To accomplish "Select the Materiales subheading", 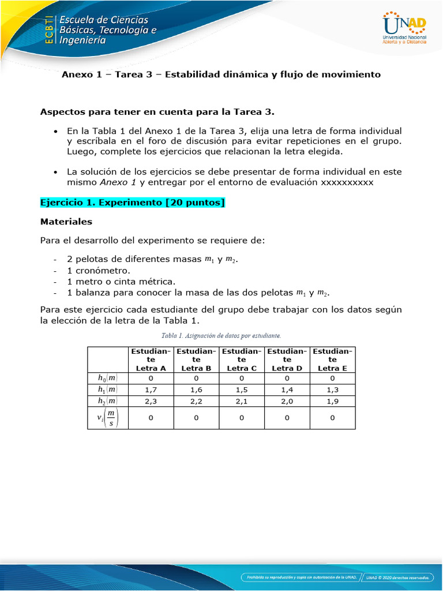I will click(66, 221).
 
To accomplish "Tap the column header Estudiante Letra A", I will click(151, 359).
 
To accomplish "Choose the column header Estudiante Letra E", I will click(332, 359).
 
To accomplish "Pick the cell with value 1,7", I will click(151, 390).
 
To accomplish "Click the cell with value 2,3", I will click(151, 401).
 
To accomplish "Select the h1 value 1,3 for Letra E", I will click(332, 390).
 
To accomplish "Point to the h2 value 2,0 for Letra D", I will click(287, 401).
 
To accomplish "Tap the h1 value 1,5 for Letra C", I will click(241, 390).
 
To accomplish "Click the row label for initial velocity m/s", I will click(107, 418).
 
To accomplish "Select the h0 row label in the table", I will click(107, 378).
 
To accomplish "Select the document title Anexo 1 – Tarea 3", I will click(221, 74).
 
